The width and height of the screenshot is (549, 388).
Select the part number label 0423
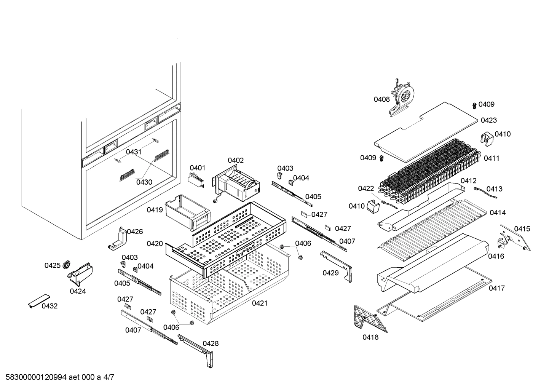488,120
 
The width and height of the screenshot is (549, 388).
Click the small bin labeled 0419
187,211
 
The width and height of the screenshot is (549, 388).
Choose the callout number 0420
155,244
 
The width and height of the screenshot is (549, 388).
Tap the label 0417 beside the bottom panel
496,288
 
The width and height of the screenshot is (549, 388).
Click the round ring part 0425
67,263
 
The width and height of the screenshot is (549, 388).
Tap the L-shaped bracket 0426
119,240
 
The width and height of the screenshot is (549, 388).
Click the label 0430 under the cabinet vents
144,182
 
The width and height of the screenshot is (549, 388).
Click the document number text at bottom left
57,377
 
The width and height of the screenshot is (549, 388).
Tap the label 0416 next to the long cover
496,256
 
